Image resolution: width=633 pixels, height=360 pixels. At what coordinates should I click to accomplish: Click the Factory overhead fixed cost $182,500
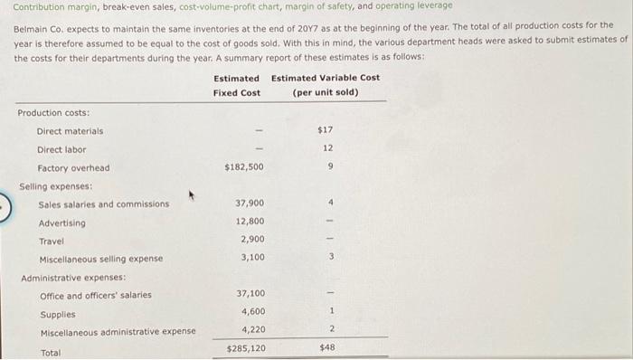(x=244, y=167)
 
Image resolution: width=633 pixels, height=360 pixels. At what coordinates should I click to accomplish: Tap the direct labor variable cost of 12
(x=327, y=148)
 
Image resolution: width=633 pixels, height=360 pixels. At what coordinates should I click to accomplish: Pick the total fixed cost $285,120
(x=245, y=348)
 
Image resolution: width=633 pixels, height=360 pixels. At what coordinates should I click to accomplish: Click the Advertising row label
(x=61, y=223)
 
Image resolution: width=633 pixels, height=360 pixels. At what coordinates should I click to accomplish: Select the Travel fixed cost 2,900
(x=252, y=239)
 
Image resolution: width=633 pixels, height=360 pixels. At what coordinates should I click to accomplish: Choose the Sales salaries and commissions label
(x=103, y=204)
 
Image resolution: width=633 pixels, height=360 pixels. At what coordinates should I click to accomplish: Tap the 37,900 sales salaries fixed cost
(x=250, y=204)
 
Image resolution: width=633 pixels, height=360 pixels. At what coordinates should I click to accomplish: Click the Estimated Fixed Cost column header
(x=236, y=85)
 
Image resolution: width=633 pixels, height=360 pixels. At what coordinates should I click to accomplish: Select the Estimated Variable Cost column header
(x=326, y=85)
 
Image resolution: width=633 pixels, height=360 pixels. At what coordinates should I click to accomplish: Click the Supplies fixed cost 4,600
(x=252, y=312)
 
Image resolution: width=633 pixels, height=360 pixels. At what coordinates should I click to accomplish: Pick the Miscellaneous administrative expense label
(x=118, y=332)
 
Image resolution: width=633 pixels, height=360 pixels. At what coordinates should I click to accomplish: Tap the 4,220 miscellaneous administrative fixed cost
(x=252, y=330)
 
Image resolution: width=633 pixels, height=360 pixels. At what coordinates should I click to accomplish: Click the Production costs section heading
(x=53, y=113)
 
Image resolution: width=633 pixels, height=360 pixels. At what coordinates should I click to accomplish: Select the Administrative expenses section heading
(x=73, y=278)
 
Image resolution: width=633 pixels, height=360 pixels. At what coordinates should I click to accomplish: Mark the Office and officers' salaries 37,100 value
(x=250, y=294)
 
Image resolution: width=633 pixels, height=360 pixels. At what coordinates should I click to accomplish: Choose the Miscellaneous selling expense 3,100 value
(x=252, y=258)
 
